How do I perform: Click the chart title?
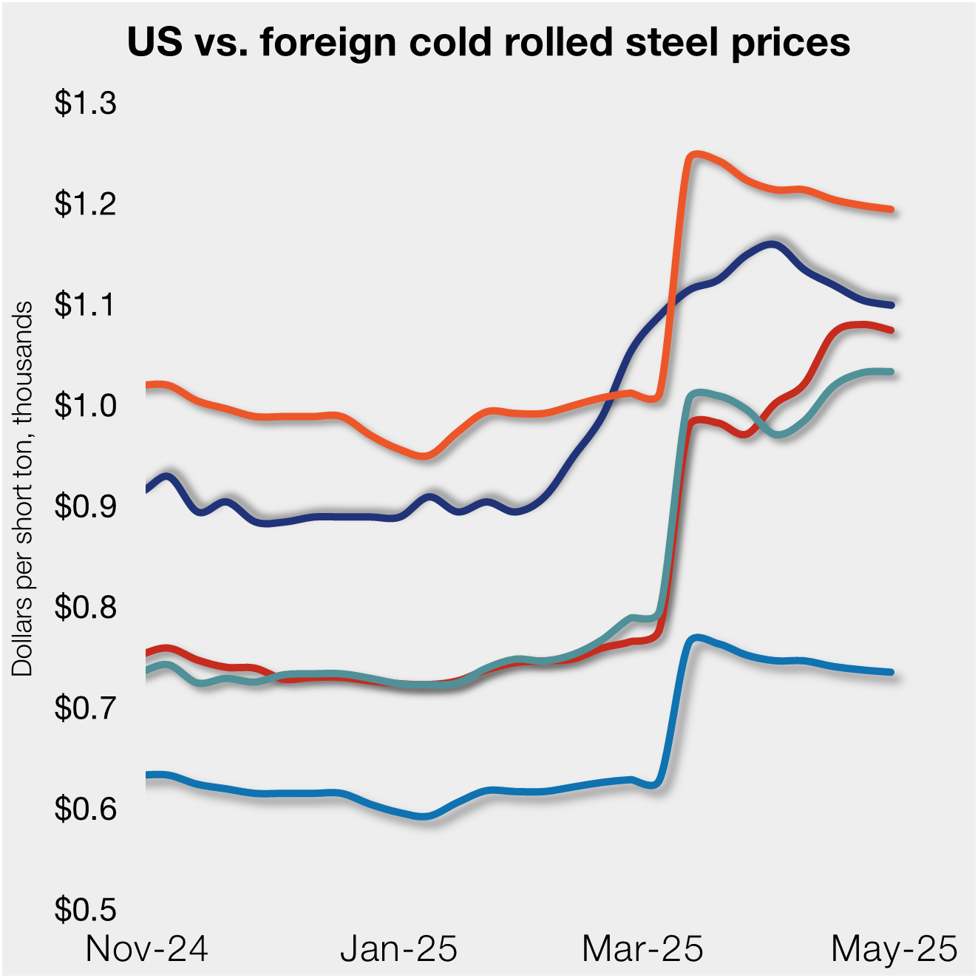pos(489,42)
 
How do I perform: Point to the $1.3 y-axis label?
pos(86,103)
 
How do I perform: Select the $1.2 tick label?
pos(86,204)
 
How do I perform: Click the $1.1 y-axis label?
pos(86,305)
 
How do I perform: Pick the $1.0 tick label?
pos(86,406)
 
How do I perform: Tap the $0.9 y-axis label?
pos(86,506)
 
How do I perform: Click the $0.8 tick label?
pos(86,607)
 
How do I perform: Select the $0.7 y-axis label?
pos(86,708)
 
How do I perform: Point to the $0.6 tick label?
pos(86,809)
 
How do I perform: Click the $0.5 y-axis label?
pos(86,909)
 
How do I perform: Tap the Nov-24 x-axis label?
pos(147,948)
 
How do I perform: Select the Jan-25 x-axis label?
pos(398,948)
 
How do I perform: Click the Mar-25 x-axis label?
pos(642,948)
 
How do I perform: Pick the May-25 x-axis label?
pos(894,948)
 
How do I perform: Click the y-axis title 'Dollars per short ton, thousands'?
pos(23,488)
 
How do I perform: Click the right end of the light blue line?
pos(891,672)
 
